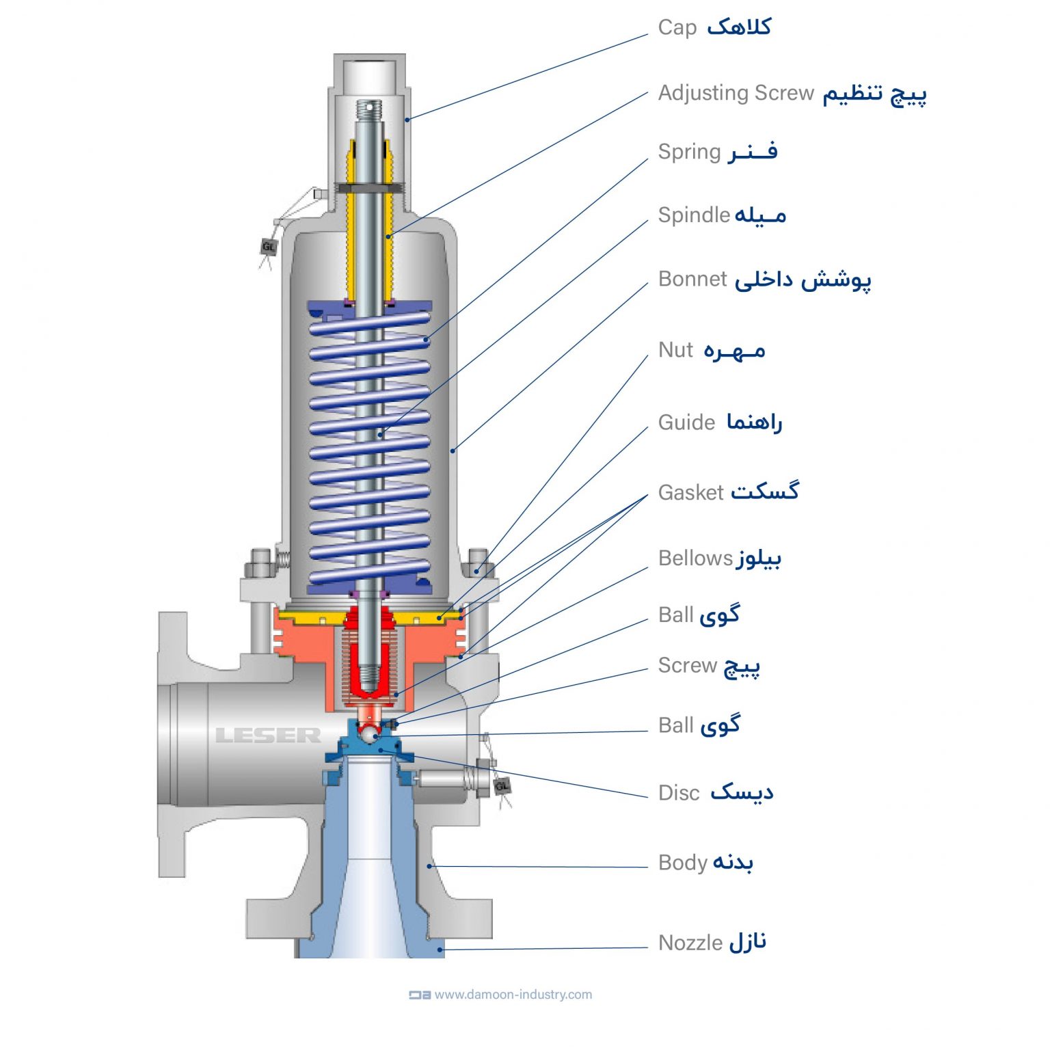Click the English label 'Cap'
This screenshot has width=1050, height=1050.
pos(677,27)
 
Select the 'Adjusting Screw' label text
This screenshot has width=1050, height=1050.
pos(736,92)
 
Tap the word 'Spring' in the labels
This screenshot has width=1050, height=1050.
pos(688,151)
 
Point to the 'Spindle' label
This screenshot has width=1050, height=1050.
pos(693,215)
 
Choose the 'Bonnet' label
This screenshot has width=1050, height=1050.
pos(692,279)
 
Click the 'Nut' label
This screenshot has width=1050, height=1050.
pos(675,350)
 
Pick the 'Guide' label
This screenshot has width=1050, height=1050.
pos(686,422)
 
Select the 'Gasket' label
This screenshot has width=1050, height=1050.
pos(690,492)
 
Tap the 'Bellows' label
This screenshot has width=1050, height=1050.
pos(695,558)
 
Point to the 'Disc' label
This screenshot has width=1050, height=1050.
pos(679,793)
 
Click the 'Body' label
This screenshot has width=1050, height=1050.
pos(682,863)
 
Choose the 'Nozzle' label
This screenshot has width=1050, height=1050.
pos(690,943)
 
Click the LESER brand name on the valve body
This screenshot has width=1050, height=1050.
pos(268,736)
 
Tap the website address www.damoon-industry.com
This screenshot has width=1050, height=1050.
pos(513,995)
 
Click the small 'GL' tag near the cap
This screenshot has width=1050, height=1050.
pos(269,246)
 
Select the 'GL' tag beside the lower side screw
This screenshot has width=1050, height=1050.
pos(502,786)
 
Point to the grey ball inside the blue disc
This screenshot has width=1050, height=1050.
pos(369,734)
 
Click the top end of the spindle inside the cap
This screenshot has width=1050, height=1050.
pos(369,107)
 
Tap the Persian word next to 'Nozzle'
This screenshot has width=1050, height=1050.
pos(747,942)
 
